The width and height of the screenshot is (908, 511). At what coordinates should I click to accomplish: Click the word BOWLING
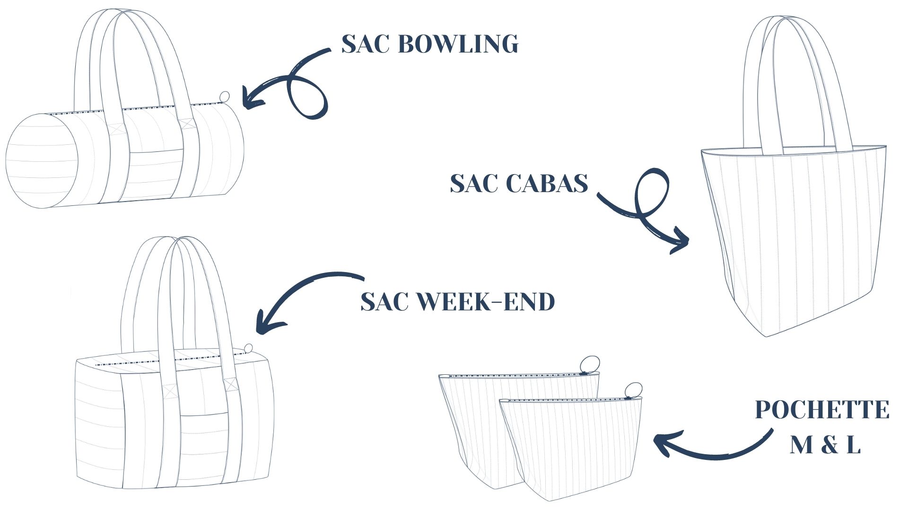pyautogui.click(x=458, y=44)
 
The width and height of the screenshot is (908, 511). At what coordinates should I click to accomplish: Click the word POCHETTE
pyautogui.click(x=822, y=410)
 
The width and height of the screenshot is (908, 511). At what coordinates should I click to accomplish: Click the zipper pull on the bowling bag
pyautogui.click(x=225, y=97)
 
